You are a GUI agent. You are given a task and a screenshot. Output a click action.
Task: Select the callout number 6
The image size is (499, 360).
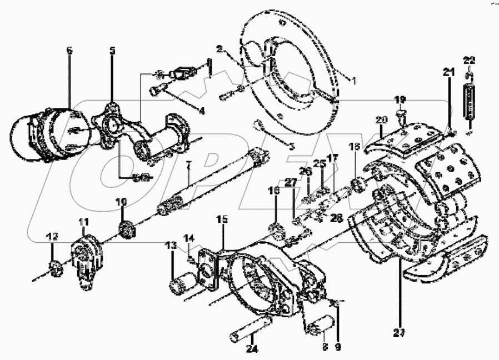(x=69, y=51)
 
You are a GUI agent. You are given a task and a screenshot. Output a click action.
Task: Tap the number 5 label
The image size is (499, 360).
(x=112, y=51)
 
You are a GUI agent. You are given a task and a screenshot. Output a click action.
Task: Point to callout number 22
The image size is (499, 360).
(x=469, y=60)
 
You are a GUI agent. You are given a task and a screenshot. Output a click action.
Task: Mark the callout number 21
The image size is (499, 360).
(x=448, y=71)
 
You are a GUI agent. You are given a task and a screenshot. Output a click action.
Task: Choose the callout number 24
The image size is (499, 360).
(x=253, y=350)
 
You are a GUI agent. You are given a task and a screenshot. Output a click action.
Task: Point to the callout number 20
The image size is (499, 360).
(x=381, y=120)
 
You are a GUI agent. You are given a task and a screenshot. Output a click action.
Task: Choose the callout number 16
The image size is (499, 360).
(x=275, y=191)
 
